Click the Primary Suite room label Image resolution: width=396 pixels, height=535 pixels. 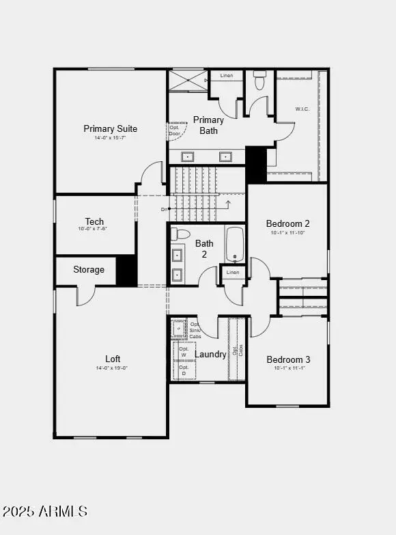coord(111,128)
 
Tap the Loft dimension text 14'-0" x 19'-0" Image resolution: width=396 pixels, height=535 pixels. coord(113,368)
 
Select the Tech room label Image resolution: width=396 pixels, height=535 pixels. coord(94,221)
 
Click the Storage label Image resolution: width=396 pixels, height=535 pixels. coord(89,269)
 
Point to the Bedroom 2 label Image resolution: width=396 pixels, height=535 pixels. coord(288,223)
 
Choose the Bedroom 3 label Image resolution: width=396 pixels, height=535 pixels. coord(288,359)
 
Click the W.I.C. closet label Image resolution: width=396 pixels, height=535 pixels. coord(303,109)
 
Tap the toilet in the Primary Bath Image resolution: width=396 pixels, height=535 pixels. coord(259,81)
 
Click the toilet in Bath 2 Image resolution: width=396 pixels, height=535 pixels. coord(181,234)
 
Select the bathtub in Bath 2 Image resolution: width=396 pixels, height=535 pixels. coord(235,245)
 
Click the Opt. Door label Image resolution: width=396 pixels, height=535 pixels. coord(175,131)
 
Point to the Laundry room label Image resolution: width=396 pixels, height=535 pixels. coord(210,355)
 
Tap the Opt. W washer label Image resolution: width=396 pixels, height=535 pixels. coord(183,352)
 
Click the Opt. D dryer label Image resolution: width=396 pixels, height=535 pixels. coord(183,371)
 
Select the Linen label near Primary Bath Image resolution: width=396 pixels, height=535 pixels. coord(227,75)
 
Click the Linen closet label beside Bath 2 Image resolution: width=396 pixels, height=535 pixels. coord(233,273)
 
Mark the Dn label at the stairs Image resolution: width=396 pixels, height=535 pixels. coord(164,209)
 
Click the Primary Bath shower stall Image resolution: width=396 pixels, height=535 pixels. coord(188,80)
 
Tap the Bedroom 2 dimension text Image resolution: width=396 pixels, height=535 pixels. coord(288,233)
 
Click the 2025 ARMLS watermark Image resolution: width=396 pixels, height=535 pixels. coord(45,511)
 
